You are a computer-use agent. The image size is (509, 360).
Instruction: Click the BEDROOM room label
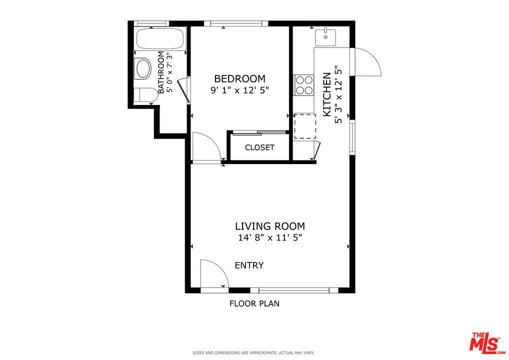tap(239, 78)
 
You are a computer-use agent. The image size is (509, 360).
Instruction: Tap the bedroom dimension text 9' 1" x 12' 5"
tap(239, 90)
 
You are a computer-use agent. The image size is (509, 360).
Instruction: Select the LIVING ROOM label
tap(270, 226)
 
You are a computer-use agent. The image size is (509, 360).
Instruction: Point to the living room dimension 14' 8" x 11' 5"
tap(270, 238)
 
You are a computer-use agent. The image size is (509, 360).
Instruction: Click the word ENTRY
tap(249, 265)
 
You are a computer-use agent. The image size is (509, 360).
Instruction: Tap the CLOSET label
tap(259, 147)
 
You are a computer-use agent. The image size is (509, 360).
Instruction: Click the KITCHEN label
tap(326, 94)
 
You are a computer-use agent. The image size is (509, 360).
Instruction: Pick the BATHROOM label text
tap(161, 72)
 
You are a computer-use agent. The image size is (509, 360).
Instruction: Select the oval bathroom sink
tap(143, 68)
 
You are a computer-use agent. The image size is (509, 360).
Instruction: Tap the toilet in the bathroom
tap(145, 94)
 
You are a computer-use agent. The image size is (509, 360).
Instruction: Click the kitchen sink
tap(325, 36)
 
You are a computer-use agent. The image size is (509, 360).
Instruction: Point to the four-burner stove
tap(303, 85)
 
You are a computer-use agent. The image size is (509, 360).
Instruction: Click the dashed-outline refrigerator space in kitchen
tap(305, 126)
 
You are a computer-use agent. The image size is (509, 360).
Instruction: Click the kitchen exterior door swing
tap(366, 62)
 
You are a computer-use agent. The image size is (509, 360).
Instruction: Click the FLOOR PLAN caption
tap(254, 303)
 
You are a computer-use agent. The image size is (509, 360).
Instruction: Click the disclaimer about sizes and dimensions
tap(254, 353)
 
